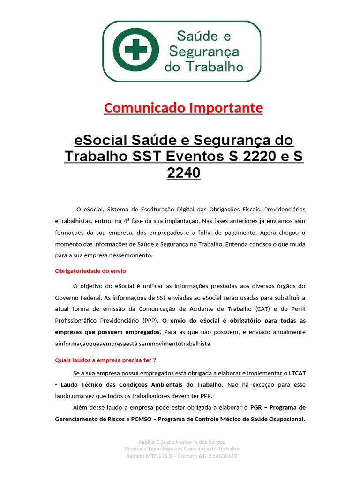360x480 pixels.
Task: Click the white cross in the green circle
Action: pos(136,50)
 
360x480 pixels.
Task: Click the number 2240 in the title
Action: pos(183,172)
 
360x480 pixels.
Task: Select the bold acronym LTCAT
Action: pos(298,373)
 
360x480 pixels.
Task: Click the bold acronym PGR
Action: pos(256,407)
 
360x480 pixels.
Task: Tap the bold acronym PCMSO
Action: pos(142,419)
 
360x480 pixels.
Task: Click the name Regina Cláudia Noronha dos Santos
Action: pos(182,442)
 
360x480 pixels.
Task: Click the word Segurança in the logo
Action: pos(203,52)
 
